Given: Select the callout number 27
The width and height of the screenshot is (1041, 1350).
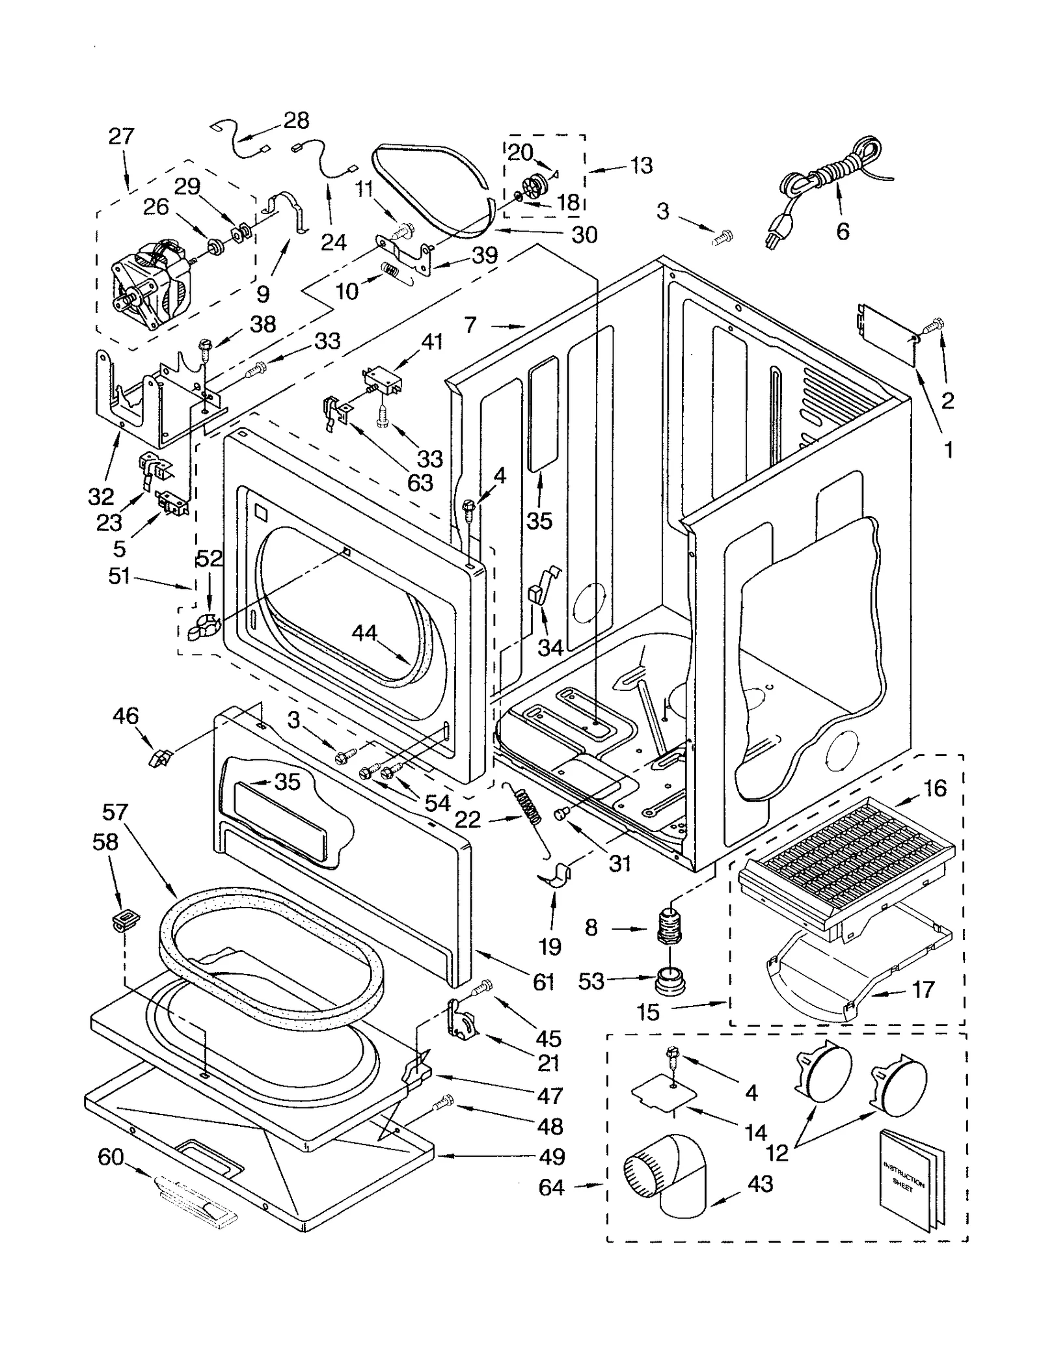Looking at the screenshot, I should click(x=121, y=136).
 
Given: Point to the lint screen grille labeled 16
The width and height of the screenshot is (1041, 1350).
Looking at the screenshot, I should click(x=846, y=846).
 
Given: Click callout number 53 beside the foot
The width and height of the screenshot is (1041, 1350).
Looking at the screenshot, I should click(x=591, y=980).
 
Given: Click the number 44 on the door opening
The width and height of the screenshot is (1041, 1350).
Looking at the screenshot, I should click(x=364, y=633).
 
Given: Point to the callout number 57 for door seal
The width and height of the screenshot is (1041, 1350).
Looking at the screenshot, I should click(x=115, y=812).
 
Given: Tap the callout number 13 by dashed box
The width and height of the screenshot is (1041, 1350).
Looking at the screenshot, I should click(x=641, y=165).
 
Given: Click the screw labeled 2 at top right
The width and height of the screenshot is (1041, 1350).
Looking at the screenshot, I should click(x=936, y=323).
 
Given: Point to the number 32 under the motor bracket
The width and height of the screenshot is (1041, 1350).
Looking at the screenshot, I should click(x=101, y=496).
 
